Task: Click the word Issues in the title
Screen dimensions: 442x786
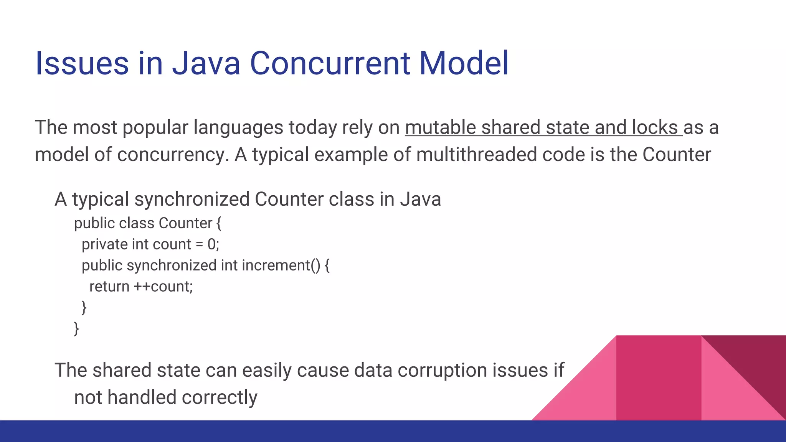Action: tap(82, 63)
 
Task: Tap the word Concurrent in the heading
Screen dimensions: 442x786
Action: tap(330, 63)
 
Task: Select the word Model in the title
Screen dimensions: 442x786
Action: tap(464, 63)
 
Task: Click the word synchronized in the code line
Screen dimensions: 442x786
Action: tap(172, 266)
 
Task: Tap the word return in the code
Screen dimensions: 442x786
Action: tap(109, 287)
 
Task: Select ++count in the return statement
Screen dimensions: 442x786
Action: tap(162, 287)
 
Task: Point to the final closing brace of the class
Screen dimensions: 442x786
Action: tap(76, 329)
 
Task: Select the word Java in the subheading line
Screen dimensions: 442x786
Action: tap(420, 200)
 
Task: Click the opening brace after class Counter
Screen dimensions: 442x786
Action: tap(219, 223)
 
